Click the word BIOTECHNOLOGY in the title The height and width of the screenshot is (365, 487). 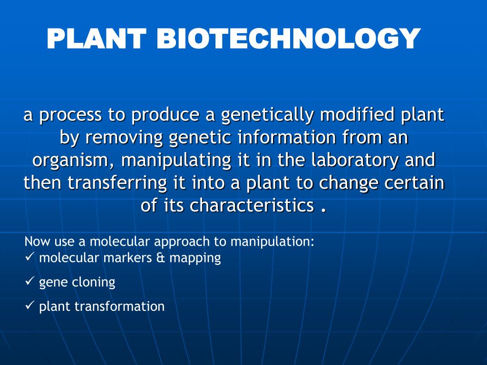pyautogui.click(x=289, y=38)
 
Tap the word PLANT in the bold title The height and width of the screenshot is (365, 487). pyautogui.click(x=96, y=38)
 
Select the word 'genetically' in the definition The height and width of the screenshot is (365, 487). pyautogui.click(x=267, y=115)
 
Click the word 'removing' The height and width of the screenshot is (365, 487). pyautogui.click(x=126, y=138)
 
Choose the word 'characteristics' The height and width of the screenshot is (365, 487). pyautogui.click(x=252, y=205)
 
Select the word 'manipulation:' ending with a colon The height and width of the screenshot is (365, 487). pyautogui.click(x=273, y=241)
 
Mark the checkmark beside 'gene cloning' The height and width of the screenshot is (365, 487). pyautogui.click(x=29, y=282)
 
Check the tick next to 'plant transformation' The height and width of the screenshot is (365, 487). pyautogui.click(x=29, y=306)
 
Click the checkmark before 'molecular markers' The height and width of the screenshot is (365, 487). pyautogui.click(x=29, y=258)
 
